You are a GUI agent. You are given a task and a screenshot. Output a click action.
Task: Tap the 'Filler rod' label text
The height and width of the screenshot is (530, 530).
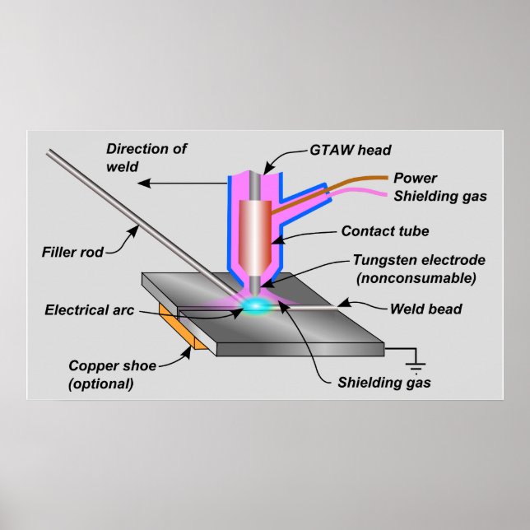click(x=73, y=252)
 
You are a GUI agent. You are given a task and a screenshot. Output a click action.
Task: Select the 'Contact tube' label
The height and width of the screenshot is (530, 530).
click(x=384, y=231)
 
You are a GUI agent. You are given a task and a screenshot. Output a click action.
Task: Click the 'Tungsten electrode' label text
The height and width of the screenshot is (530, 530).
click(x=418, y=260)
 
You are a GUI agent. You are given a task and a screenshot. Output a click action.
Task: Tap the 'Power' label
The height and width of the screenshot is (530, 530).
click(x=415, y=178)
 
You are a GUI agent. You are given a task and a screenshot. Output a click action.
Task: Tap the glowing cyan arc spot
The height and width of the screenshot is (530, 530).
click(x=258, y=306)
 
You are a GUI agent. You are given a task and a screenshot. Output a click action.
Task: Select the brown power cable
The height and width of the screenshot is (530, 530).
click(x=346, y=184)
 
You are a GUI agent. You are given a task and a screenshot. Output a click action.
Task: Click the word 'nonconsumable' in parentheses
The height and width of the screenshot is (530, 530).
click(x=416, y=278)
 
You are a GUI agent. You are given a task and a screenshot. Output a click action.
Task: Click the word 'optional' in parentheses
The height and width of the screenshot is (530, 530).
click(x=102, y=384)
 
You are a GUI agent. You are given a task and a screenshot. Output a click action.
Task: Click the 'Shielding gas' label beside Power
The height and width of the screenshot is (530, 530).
click(x=439, y=196)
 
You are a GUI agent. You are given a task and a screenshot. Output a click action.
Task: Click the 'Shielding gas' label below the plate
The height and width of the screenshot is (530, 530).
click(x=384, y=383)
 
